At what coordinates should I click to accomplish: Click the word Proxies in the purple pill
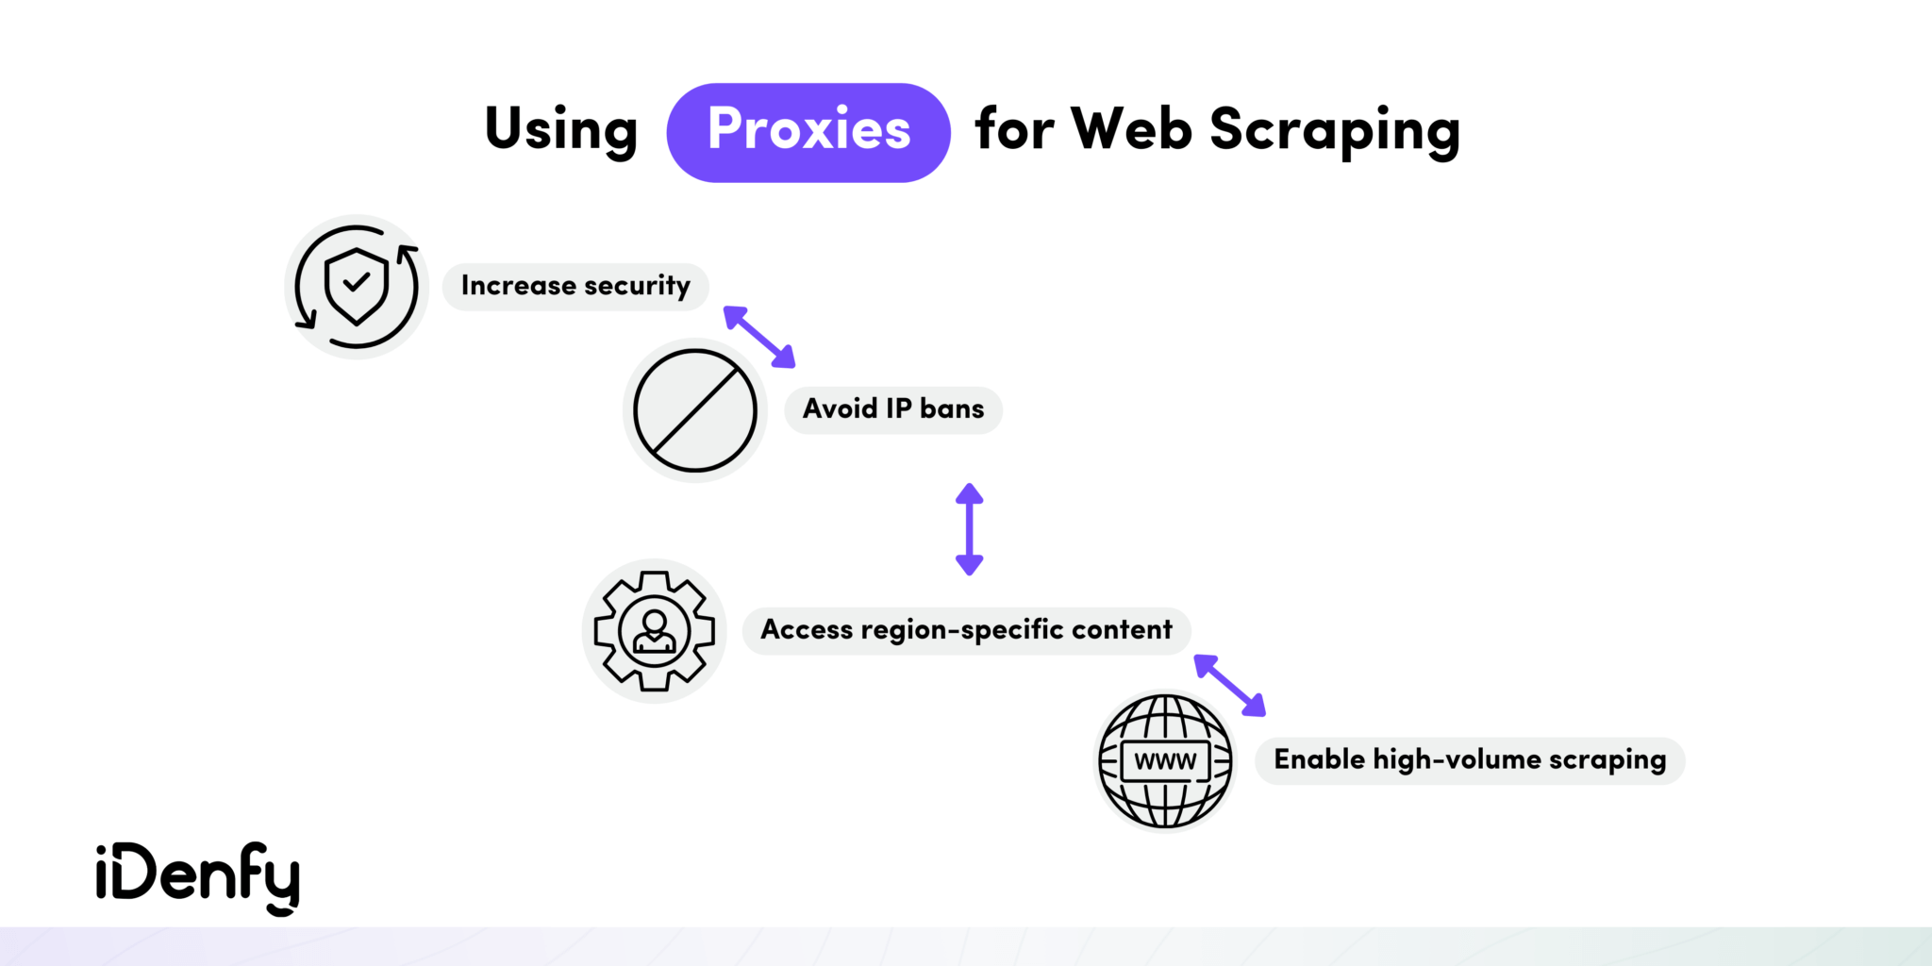click(x=808, y=130)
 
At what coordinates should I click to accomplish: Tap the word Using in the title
click(x=561, y=130)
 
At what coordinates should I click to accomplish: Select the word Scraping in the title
click(x=1335, y=130)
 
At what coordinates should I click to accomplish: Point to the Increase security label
click(x=575, y=286)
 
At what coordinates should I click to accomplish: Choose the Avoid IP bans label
click(x=892, y=409)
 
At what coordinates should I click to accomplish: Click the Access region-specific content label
click(x=966, y=630)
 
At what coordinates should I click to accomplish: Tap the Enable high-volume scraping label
click(x=1469, y=760)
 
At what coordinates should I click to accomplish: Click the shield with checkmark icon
click(x=357, y=286)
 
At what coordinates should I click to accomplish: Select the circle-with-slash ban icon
click(x=695, y=410)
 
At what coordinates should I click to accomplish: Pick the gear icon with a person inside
click(x=655, y=630)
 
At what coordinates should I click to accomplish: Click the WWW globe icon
click(x=1166, y=760)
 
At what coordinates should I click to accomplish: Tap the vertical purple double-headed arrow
click(x=969, y=529)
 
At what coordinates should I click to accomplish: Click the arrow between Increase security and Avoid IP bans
click(x=759, y=337)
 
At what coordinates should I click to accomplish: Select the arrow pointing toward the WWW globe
click(x=1229, y=686)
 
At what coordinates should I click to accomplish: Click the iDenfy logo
click(x=197, y=876)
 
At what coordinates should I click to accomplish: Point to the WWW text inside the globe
click(x=1165, y=761)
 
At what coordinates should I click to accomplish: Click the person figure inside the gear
click(x=655, y=631)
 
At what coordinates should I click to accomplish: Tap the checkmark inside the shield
click(x=356, y=281)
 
